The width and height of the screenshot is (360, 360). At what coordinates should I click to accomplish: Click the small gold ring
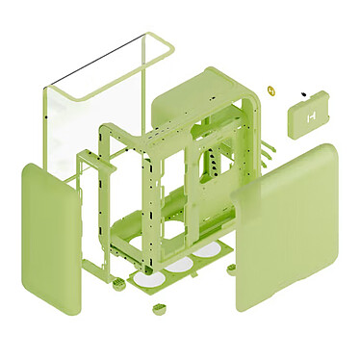point(272,92)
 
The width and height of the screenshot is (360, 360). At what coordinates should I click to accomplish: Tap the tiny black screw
point(305,93)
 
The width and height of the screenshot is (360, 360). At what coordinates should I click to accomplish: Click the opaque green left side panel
point(51,236)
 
